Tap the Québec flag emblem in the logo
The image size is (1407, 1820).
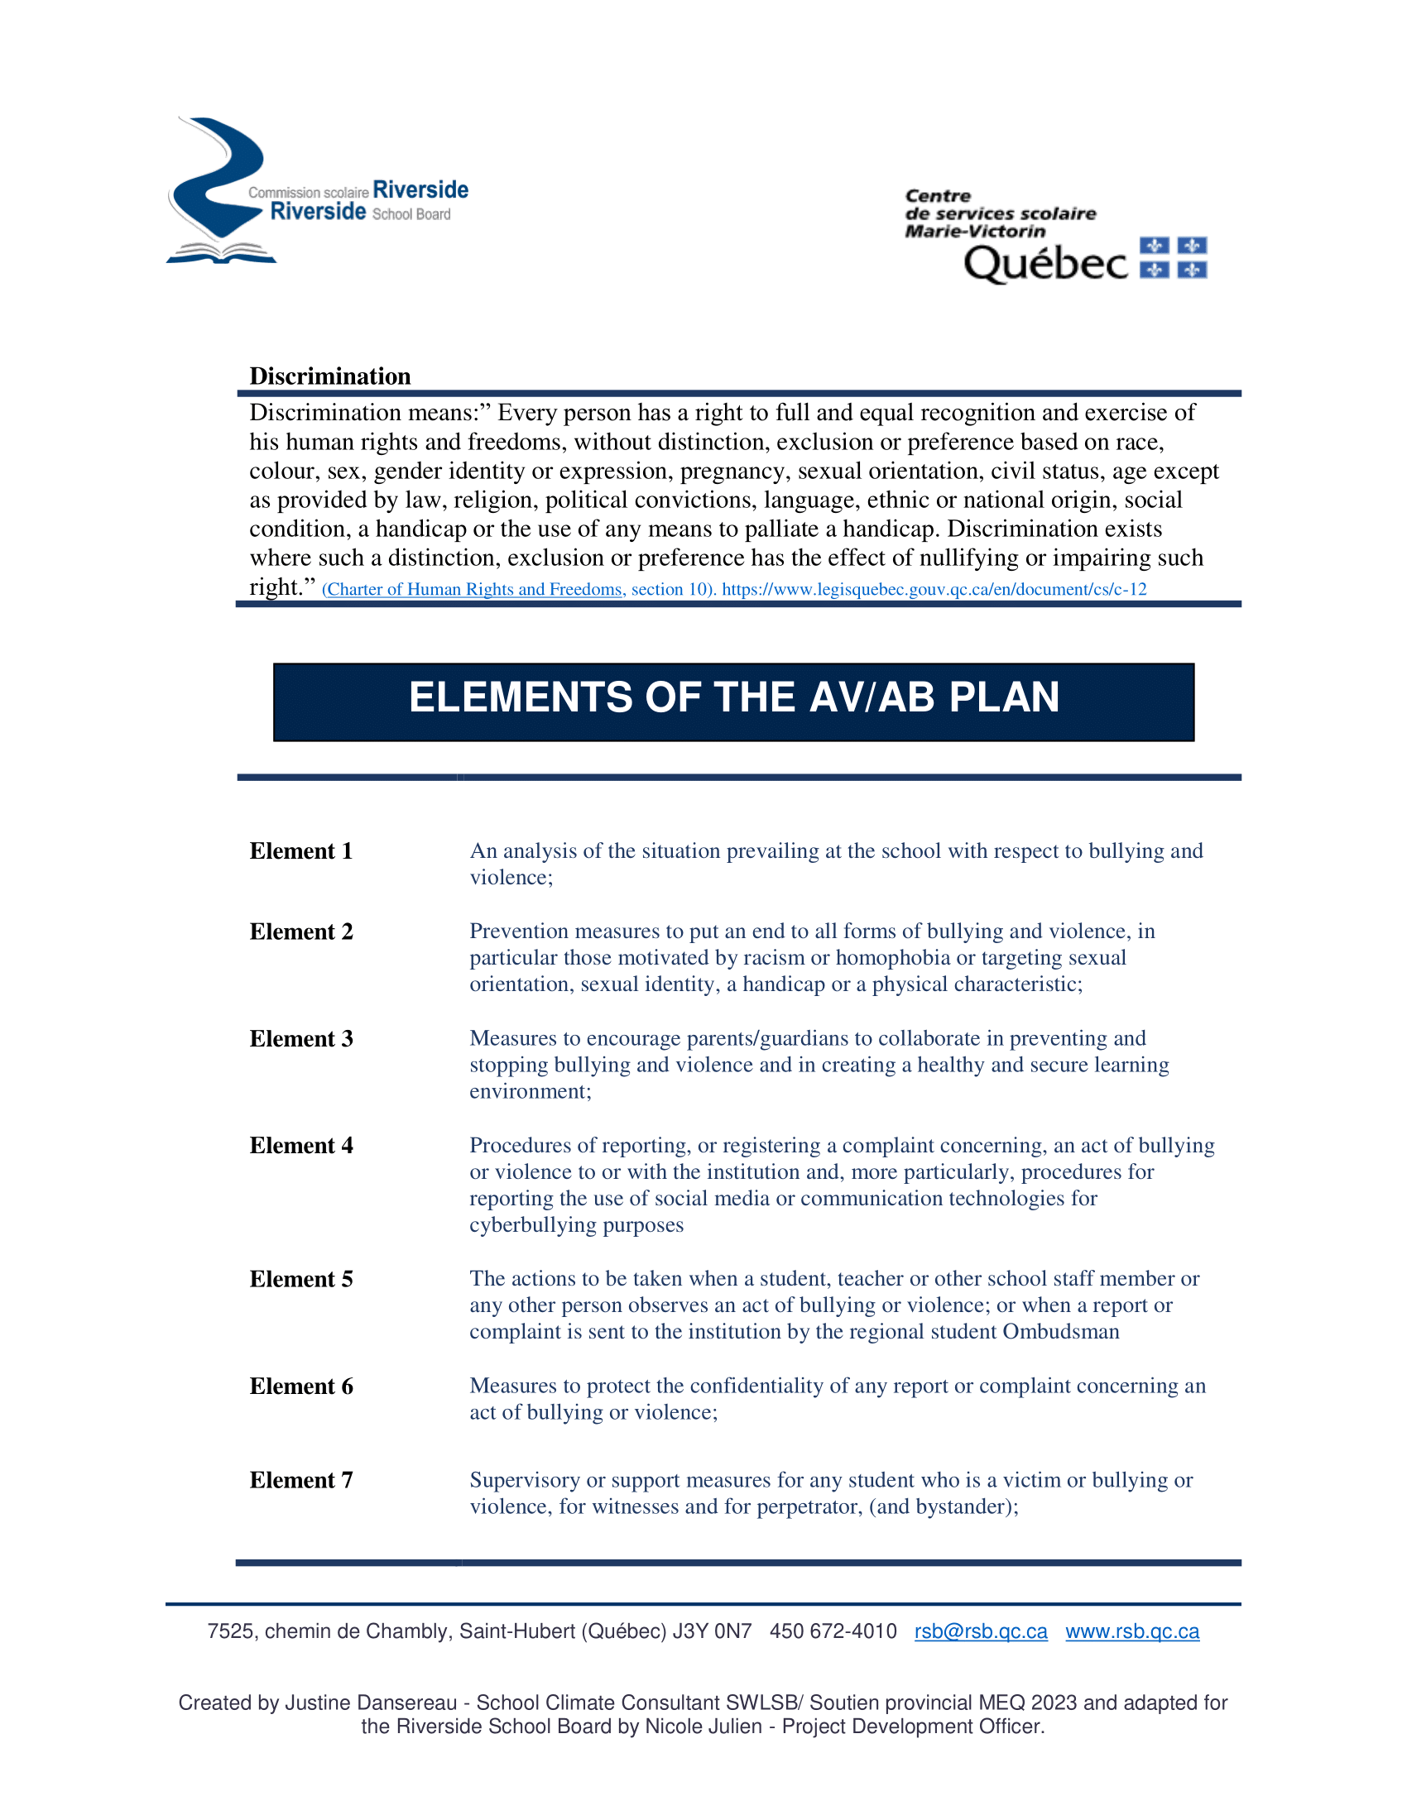pyautogui.click(x=1173, y=257)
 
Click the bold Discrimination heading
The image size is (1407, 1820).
pyautogui.click(x=330, y=376)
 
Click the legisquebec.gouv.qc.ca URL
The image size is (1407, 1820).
pyautogui.click(x=934, y=589)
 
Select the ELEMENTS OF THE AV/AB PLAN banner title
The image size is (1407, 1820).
pyautogui.click(x=733, y=697)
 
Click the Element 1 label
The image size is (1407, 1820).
pyautogui.click(x=301, y=850)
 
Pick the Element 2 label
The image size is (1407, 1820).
pyautogui.click(x=301, y=932)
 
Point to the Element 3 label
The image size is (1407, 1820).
pyautogui.click(x=301, y=1038)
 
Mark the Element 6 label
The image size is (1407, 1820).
pyautogui.click(x=301, y=1386)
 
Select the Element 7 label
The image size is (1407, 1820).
pyautogui.click(x=301, y=1480)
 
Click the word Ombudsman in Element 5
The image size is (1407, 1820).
pyautogui.click(x=1060, y=1332)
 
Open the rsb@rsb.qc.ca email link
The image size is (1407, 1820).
pyautogui.click(x=980, y=1631)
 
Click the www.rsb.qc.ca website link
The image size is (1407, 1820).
pyautogui.click(x=1132, y=1631)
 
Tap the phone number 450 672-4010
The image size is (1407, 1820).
pyautogui.click(x=833, y=1631)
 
